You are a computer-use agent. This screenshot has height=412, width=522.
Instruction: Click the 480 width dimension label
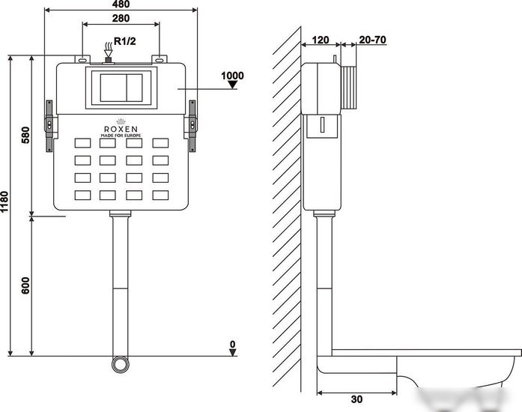[121, 4]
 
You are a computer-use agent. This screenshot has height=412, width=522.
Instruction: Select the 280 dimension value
[121, 18]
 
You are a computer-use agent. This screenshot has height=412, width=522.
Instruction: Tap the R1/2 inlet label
[125, 41]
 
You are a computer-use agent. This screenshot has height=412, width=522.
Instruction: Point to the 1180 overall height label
[4, 202]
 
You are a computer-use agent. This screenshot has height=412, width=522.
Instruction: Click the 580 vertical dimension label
[25, 135]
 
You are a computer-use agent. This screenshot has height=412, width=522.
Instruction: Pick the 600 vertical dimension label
[25, 285]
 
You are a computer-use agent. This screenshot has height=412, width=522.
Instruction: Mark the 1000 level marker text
[232, 76]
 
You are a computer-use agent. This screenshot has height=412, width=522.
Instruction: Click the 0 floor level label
[233, 344]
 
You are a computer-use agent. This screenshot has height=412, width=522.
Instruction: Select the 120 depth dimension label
[321, 40]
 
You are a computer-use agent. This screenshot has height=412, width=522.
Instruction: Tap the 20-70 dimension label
[372, 40]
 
